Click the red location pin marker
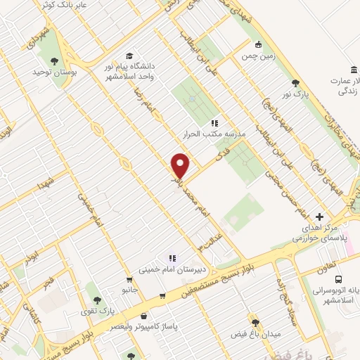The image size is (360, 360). tap(181, 165)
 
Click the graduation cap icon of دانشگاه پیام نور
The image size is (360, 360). tap(129, 56)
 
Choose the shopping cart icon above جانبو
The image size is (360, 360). tap(128, 278)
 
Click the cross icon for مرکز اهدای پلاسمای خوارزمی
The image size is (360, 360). tap(320, 217)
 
